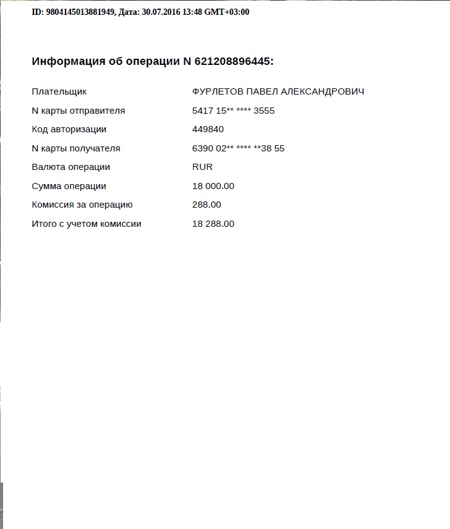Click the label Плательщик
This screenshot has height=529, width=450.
tap(59, 91)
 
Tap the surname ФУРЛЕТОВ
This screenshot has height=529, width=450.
tap(218, 91)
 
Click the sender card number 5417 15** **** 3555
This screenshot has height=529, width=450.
tap(234, 111)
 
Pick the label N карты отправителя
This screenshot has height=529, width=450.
tap(79, 111)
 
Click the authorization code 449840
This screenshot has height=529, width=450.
tap(208, 129)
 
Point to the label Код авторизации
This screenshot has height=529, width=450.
tap(69, 129)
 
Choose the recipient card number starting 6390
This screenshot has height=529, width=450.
tap(239, 148)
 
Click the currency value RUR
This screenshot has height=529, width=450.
tap(203, 167)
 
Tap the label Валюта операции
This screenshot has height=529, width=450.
tap(71, 167)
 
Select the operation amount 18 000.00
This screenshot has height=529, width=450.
tap(213, 186)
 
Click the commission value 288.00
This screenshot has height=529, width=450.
tap(207, 205)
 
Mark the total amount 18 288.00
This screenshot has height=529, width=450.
tap(213, 224)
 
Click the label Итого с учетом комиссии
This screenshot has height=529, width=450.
tap(87, 224)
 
